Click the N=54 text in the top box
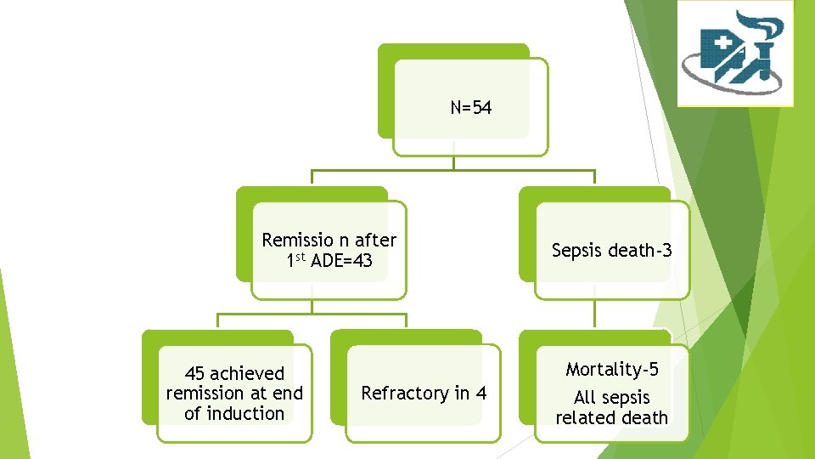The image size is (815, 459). [471, 108]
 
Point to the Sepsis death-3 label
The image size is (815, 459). [611, 250]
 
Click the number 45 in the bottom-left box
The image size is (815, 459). [194, 373]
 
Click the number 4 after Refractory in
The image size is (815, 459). [481, 393]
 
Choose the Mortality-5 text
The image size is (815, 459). [611, 369]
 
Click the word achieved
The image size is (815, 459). [246, 373]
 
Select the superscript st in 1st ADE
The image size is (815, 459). [302, 256]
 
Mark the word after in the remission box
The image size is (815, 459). [375, 241]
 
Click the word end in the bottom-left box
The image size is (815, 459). [287, 393]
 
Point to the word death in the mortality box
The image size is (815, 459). [644, 417]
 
